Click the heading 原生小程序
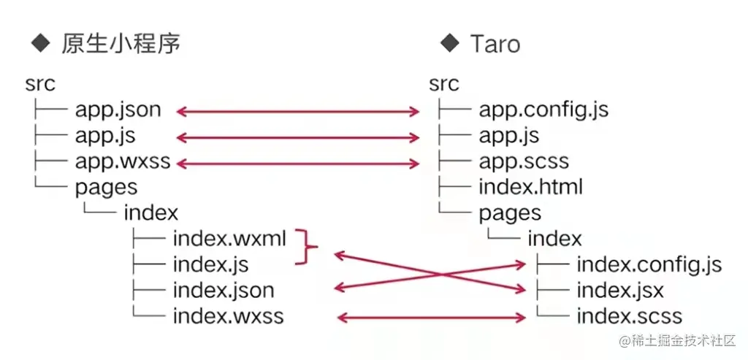[x=121, y=44]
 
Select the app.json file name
[x=118, y=110]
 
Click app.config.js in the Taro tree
[x=543, y=110]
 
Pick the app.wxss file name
[x=122, y=161]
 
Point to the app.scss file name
[x=524, y=161]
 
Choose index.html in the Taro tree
[x=530, y=187]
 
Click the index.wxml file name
[x=229, y=239]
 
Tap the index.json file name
[x=224, y=291]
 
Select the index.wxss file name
[x=228, y=317]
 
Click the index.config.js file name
[x=649, y=264]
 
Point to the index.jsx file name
[x=620, y=291]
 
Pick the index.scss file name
[x=629, y=317]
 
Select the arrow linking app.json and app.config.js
[x=298, y=112]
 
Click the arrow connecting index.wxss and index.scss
[x=431, y=318]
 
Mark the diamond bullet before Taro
[x=449, y=43]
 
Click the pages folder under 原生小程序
[x=106, y=187]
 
